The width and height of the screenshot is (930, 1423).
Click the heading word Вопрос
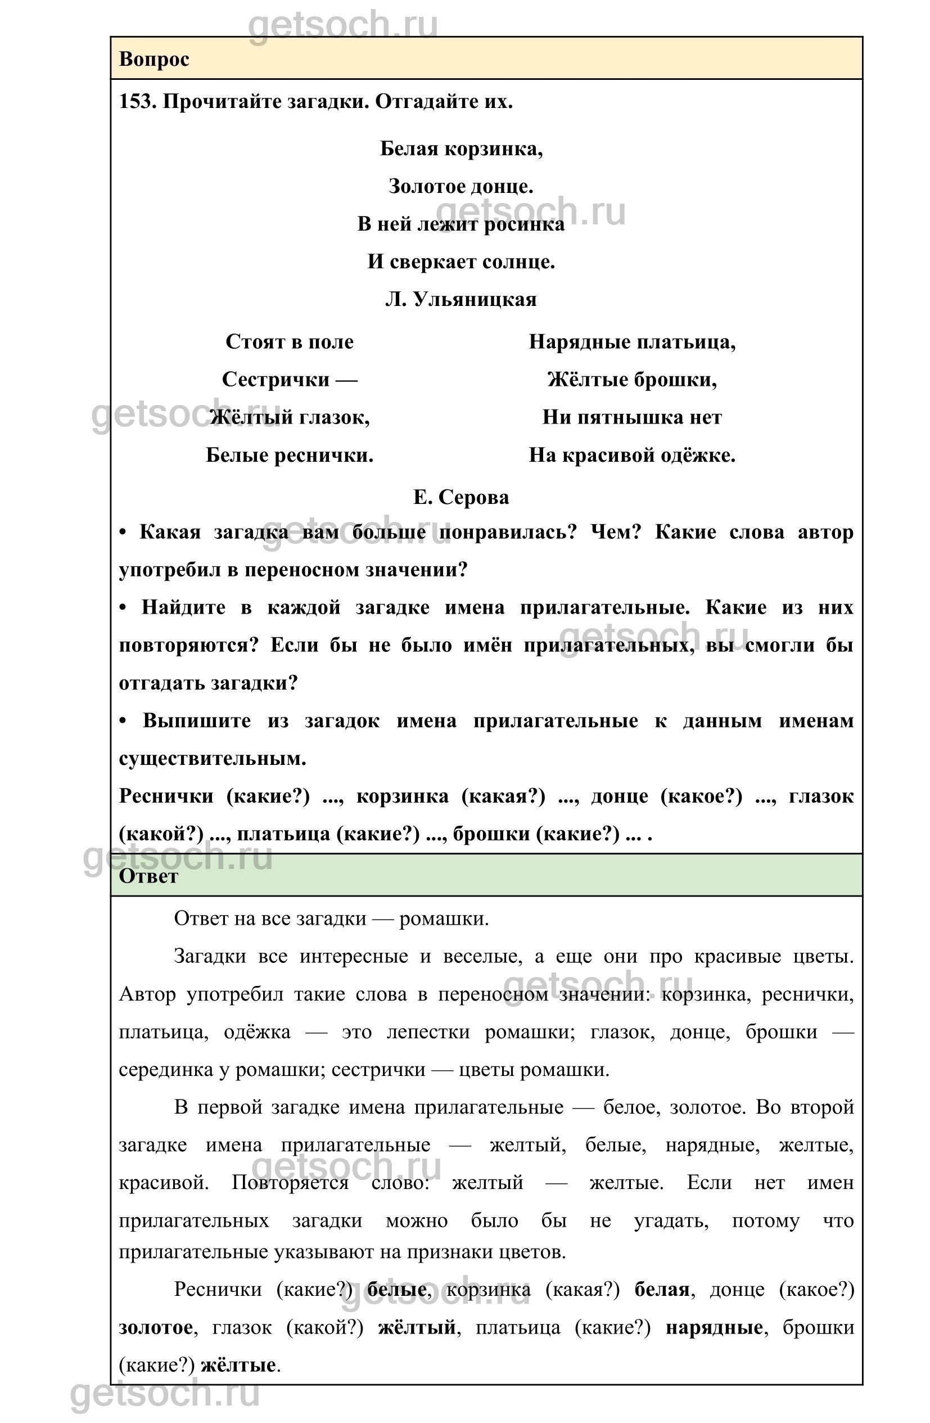pyautogui.click(x=154, y=59)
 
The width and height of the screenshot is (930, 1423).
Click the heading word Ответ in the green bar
pyautogui.click(x=148, y=876)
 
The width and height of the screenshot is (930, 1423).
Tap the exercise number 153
pyautogui.click(x=137, y=102)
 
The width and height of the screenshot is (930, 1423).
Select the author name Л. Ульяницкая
pyautogui.click(x=461, y=299)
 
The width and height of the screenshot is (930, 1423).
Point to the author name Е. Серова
pyautogui.click(x=461, y=497)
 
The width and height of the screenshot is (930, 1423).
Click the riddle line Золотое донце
pyautogui.click(x=461, y=186)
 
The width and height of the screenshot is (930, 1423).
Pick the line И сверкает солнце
pyautogui.click(x=461, y=262)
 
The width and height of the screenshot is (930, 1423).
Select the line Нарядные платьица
pyautogui.click(x=632, y=341)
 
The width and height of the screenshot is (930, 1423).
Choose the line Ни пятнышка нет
pyautogui.click(x=632, y=417)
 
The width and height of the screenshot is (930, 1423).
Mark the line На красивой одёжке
pyautogui.click(x=632, y=455)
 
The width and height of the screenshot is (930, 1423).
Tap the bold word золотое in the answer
pyautogui.click(x=156, y=1327)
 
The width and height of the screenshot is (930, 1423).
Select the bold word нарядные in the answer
pyautogui.click(x=714, y=1327)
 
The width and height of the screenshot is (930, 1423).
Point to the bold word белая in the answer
pyautogui.click(x=662, y=1289)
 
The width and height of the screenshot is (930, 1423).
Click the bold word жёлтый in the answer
pyautogui.click(x=417, y=1327)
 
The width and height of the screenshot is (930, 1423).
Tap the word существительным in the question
pyautogui.click(x=212, y=758)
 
